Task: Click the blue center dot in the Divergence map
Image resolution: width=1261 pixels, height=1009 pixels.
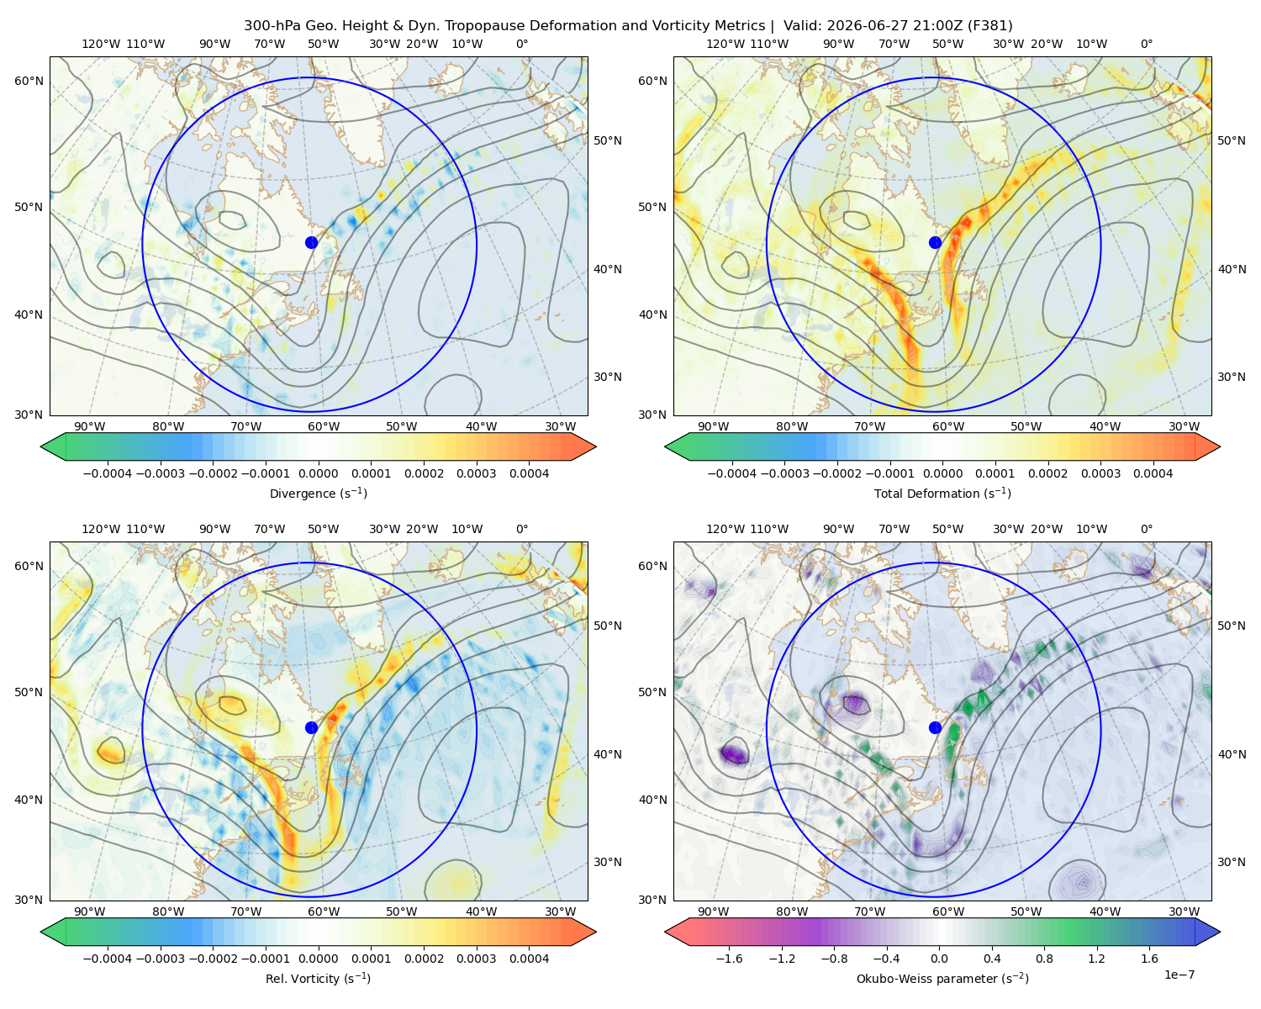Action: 311,242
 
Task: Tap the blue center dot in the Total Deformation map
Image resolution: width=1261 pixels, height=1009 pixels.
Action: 935,242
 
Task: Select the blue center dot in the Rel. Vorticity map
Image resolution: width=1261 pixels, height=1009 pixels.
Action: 311,727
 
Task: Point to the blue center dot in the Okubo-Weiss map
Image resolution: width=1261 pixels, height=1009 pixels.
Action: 935,727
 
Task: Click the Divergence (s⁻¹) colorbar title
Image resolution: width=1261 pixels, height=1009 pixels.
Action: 318,493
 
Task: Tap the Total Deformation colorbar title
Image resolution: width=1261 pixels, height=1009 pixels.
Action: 942,493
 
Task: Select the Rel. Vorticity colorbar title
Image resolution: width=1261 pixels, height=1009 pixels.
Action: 318,978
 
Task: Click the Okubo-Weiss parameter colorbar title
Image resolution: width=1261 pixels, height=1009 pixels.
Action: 942,978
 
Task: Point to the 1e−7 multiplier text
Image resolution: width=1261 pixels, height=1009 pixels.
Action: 1179,975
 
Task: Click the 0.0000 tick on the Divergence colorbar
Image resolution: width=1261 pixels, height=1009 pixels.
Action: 318,473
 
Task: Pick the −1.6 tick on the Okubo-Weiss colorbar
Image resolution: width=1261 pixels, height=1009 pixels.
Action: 730,958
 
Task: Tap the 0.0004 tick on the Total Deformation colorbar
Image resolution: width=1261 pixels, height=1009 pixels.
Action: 1153,473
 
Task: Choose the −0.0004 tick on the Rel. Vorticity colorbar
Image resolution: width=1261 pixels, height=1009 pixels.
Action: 108,958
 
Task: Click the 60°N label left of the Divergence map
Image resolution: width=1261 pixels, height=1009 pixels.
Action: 29,81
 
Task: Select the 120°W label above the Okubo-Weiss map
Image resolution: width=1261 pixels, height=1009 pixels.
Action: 725,529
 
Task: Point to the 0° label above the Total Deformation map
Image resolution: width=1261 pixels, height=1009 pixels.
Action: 1146,44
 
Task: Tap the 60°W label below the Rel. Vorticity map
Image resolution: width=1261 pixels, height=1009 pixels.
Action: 324,911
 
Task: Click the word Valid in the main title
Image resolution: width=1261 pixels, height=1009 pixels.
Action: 802,26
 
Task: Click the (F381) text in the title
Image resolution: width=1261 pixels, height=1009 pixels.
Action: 990,26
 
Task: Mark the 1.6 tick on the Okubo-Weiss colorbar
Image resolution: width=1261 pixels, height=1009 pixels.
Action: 1149,958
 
